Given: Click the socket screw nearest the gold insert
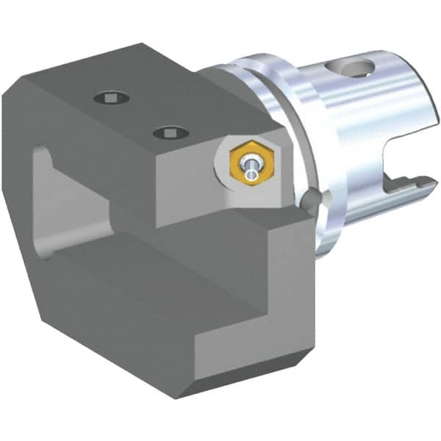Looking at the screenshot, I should tap(171, 133).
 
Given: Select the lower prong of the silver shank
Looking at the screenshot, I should tap(382, 202).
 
